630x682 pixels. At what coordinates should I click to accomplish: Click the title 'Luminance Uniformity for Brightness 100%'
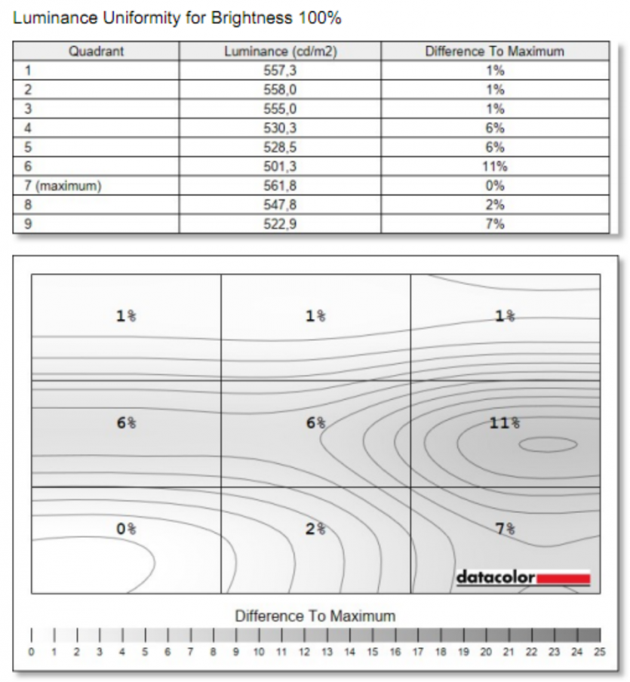(x=177, y=18)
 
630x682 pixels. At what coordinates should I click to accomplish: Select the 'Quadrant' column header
(x=96, y=52)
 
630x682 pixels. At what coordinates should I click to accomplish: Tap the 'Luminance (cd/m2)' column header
(x=280, y=52)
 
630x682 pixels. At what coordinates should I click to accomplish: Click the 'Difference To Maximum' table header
(x=494, y=52)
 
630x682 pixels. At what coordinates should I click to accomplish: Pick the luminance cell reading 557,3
(x=280, y=71)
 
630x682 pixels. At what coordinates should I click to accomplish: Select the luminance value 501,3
(x=280, y=167)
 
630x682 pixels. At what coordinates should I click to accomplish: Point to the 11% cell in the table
(x=494, y=167)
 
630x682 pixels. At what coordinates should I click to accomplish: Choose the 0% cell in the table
(x=494, y=186)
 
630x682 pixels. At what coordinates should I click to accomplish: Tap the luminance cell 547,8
(x=280, y=205)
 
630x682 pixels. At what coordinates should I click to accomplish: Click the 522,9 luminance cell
(x=280, y=224)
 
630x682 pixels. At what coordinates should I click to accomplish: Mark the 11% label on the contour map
(x=504, y=423)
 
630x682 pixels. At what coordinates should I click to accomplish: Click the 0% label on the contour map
(x=126, y=529)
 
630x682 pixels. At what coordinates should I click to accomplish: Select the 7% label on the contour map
(x=505, y=529)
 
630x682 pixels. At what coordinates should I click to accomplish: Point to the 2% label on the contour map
(x=315, y=529)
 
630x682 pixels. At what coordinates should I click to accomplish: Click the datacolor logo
(x=523, y=579)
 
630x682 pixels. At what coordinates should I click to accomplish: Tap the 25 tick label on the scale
(x=600, y=652)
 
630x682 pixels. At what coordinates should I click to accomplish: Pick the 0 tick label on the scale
(x=31, y=652)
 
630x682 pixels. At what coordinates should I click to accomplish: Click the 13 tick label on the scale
(x=327, y=652)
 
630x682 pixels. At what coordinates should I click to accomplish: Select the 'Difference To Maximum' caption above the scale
(x=315, y=616)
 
